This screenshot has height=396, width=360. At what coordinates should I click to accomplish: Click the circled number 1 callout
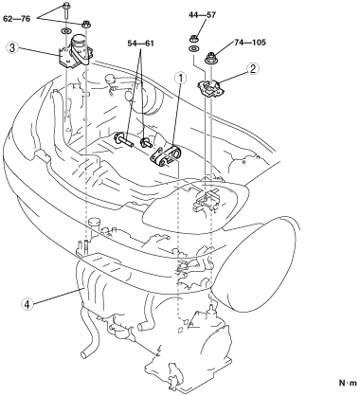(x=182, y=78)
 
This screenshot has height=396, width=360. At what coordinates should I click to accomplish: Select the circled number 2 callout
(x=254, y=68)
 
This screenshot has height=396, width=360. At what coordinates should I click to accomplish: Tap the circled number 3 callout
(x=11, y=48)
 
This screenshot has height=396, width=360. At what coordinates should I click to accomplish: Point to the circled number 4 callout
(x=27, y=304)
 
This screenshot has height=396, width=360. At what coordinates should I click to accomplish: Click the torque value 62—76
(x=17, y=19)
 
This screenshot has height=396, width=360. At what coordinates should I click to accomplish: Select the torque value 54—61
(x=140, y=44)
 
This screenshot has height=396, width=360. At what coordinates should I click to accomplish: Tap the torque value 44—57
(x=203, y=15)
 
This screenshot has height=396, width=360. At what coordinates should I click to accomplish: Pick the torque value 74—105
(x=250, y=42)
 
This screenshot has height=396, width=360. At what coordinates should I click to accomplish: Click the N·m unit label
(x=348, y=383)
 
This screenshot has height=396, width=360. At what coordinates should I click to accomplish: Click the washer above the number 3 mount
(x=66, y=31)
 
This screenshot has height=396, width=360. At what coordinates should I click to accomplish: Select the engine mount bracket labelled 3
(x=76, y=52)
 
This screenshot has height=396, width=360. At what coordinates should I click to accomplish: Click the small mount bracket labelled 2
(x=211, y=87)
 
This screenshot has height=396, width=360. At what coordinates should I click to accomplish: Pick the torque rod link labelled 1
(x=165, y=156)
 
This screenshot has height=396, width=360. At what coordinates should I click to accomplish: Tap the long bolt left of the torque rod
(x=124, y=140)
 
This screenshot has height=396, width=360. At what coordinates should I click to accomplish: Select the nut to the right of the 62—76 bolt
(x=85, y=24)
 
